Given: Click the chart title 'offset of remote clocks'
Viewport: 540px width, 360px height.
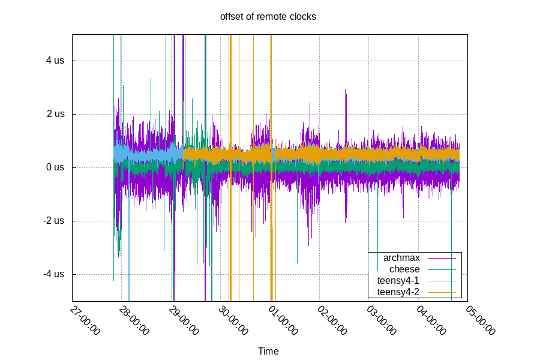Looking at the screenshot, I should (x=268, y=16).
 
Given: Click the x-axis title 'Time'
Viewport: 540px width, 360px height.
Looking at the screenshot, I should (x=268, y=351).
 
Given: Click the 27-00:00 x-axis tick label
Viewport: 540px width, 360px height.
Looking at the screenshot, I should (x=85, y=320).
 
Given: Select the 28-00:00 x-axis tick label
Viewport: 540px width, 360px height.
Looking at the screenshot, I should (x=134, y=320).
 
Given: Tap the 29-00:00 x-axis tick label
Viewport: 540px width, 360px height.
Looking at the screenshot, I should (x=184, y=320).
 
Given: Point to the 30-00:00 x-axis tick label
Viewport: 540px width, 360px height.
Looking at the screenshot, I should (x=233, y=320).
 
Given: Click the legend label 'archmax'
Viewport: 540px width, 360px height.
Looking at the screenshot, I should (x=401, y=258).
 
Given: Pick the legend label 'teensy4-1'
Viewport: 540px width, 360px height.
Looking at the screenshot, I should (x=398, y=281).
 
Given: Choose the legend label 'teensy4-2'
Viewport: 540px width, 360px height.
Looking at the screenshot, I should (x=398, y=292).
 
